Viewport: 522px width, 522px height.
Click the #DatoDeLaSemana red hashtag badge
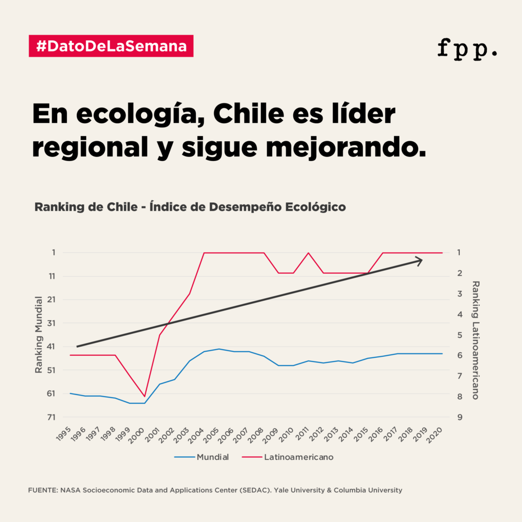(111, 46)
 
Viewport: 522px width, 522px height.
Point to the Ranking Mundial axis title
(39, 334)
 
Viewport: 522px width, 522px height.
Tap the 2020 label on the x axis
(436, 434)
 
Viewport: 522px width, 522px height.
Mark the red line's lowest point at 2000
(145, 396)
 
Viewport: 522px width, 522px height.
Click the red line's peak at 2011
(308, 253)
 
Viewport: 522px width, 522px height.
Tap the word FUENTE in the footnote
(42, 490)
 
